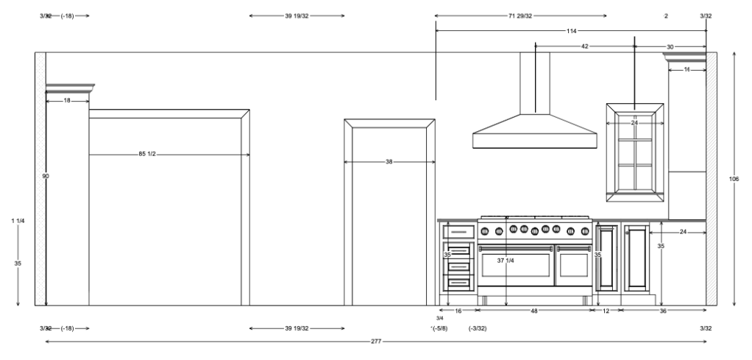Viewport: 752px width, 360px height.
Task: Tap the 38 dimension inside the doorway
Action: click(x=389, y=161)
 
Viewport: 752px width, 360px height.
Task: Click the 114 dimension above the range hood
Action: click(x=571, y=31)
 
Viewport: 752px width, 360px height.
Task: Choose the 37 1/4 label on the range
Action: click(x=505, y=261)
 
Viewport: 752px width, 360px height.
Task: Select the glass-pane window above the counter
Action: click(x=635, y=152)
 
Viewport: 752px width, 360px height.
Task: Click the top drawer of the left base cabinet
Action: click(x=458, y=232)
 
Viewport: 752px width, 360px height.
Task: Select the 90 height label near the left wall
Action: click(x=46, y=176)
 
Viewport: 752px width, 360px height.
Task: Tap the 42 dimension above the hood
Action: click(x=585, y=46)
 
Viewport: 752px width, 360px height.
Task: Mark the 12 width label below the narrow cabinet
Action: click(x=606, y=311)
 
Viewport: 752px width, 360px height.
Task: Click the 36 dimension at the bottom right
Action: click(x=662, y=311)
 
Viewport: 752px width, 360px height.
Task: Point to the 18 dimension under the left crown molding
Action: click(x=67, y=100)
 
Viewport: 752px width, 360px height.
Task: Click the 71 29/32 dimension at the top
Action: click(x=520, y=15)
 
